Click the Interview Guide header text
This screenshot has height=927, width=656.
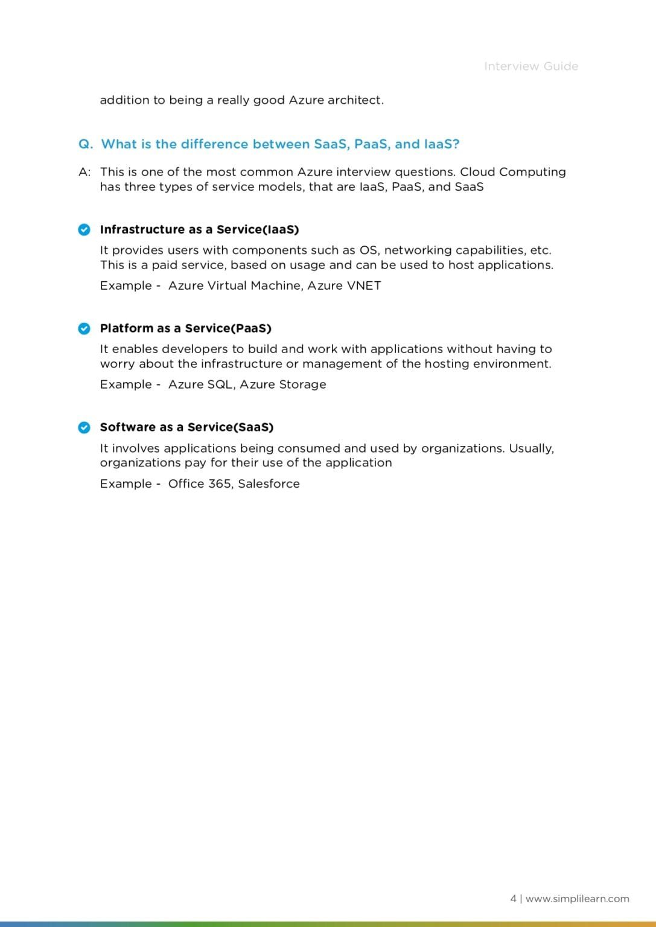pyautogui.click(x=530, y=66)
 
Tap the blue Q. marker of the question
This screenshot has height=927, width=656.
pyautogui.click(x=86, y=144)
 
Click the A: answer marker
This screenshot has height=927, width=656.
pyautogui.click(x=84, y=172)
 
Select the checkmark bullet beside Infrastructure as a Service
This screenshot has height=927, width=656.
pyautogui.click(x=84, y=229)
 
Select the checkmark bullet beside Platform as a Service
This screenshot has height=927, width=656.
pyautogui.click(x=84, y=328)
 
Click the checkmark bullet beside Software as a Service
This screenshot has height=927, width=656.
pyautogui.click(x=84, y=427)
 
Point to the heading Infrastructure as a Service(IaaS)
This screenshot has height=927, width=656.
pyautogui.click(x=199, y=229)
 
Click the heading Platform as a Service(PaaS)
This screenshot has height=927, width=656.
pyautogui.click(x=185, y=328)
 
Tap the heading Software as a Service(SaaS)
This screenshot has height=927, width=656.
pyautogui.click(x=186, y=427)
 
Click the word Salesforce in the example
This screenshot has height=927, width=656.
pyautogui.click(x=269, y=484)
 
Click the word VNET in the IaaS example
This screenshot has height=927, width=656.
pyautogui.click(x=364, y=285)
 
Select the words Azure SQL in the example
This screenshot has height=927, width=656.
pyautogui.click(x=201, y=384)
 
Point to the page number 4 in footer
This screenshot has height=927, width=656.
pyautogui.click(x=513, y=899)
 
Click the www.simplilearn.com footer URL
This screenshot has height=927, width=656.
pyautogui.click(x=577, y=899)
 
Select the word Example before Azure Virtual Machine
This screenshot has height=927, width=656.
pyautogui.click(x=126, y=285)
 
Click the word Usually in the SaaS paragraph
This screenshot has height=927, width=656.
pyautogui.click(x=530, y=448)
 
